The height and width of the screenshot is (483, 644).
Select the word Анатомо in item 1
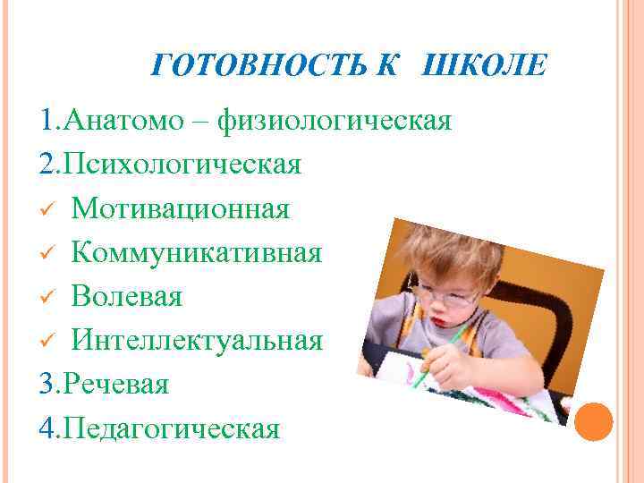pyautogui.click(x=131, y=122)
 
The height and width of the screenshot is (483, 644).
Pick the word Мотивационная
pyautogui.click(x=181, y=209)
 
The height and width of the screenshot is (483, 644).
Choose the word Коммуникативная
pyautogui.click(x=197, y=253)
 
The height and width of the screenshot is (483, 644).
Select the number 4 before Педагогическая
pyautogui.click(x=48, y=428)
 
